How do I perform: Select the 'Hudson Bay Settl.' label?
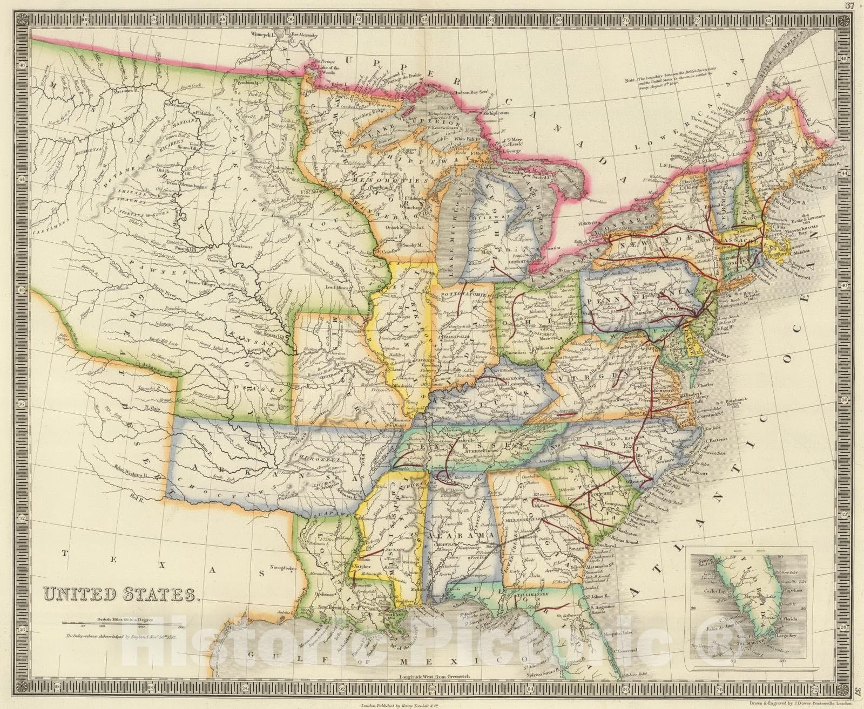pyautogui.click(x=471, y=92)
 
